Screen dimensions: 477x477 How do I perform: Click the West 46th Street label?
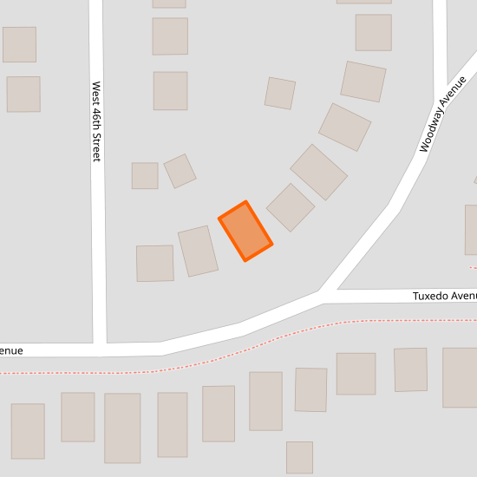(x=96, y=121)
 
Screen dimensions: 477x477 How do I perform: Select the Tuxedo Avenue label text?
(x=444, y=296)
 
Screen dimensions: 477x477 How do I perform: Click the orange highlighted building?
(x=245, y=231)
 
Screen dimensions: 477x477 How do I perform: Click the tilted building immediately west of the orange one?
(x=198, y=251)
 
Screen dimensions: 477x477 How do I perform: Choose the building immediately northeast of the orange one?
(x=291, y=207)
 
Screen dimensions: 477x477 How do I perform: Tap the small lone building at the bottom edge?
(x=299, y=457)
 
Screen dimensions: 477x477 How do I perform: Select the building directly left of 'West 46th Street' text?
(x=23, y=94)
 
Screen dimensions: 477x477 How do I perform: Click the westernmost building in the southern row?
(x=28, y=431)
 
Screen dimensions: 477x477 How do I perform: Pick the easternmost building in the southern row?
(x=461, y=377)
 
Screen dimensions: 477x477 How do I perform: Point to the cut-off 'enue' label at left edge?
(x=11, y=350)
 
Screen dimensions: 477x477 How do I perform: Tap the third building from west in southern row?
(x=122, y=428)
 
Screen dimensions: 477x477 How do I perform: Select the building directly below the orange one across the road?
(x=266, y=401)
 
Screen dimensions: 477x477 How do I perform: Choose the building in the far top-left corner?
(x=19, y=44)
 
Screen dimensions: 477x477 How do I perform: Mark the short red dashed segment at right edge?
(x=473, y=268)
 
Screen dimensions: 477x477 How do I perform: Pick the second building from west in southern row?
(x=78, y=417)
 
